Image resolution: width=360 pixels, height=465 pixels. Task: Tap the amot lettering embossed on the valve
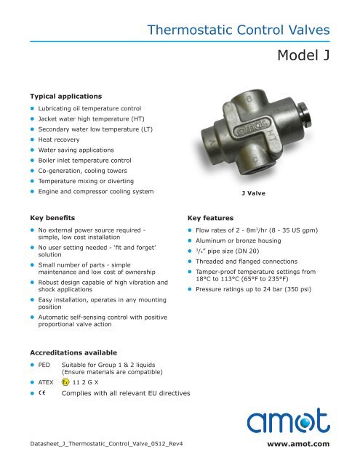pos(251,133)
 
